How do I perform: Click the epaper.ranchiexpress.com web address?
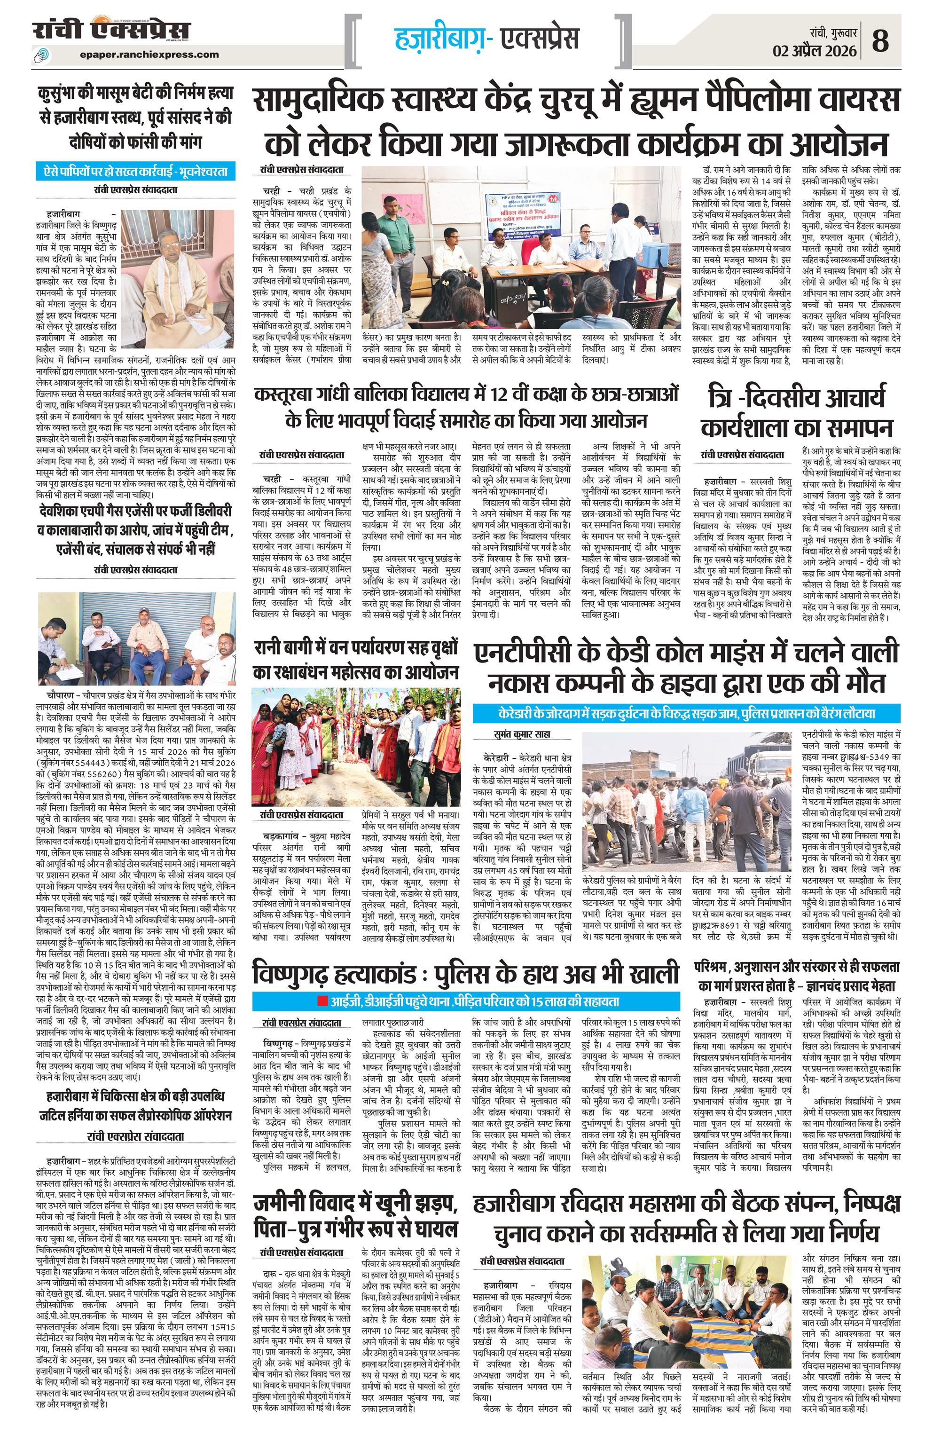pos(149,54)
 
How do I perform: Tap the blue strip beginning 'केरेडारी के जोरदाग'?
pos(688,713)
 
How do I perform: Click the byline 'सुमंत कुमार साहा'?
pos(522,734)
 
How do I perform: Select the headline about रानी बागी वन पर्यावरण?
pos(356,659)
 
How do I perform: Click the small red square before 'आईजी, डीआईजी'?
pos(321,1001)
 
